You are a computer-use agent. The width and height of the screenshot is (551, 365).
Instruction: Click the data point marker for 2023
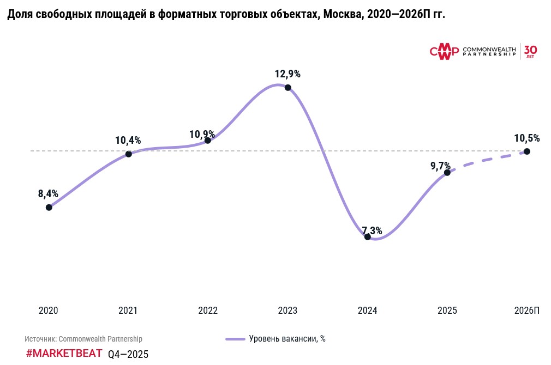coord(288,88)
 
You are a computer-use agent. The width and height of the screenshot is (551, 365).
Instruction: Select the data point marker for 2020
coord(49,207)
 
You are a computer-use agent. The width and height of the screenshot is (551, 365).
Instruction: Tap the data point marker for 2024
coord(367,236)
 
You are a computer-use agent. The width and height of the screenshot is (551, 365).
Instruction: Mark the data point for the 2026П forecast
coord(526,151)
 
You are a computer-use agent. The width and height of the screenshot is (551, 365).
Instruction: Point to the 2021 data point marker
coord(129,154)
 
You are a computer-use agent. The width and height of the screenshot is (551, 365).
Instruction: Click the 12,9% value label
coord(288,74)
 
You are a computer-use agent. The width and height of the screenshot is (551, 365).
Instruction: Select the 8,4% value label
coord(48,193)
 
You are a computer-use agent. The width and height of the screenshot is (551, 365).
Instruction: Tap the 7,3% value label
coord(372,230)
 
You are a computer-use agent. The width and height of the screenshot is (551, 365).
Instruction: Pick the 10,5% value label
coord(526,138)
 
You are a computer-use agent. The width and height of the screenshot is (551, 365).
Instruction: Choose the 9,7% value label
coord(440,166)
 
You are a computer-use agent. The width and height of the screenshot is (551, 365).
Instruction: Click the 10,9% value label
coord(202,134)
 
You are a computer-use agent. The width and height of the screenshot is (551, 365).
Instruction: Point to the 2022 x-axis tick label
coord(208,311)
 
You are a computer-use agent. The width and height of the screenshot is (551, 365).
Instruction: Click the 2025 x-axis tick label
coord(447,311)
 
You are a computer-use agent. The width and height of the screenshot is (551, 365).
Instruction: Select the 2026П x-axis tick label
coord(526,311)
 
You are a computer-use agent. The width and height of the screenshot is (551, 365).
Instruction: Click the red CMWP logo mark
coord(444,52)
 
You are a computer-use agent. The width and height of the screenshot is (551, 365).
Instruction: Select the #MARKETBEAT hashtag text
coord(64,353)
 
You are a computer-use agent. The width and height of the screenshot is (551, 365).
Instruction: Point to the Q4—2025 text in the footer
coord(128,354)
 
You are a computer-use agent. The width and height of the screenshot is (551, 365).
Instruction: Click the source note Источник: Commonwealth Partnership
coord(83,339)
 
